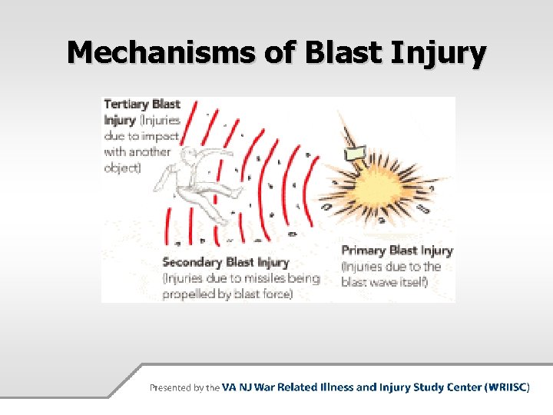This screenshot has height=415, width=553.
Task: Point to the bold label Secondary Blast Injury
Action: [226, 262]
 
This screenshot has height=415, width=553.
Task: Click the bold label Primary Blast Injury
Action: [396, 251]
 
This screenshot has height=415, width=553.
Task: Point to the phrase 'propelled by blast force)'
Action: [227, 294]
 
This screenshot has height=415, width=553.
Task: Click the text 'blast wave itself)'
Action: [384, 282]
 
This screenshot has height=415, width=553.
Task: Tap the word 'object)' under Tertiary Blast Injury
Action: [123, 168]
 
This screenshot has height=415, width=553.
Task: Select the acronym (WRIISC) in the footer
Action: [507, 387]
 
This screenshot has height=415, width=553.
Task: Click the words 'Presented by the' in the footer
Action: [184, 387]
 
